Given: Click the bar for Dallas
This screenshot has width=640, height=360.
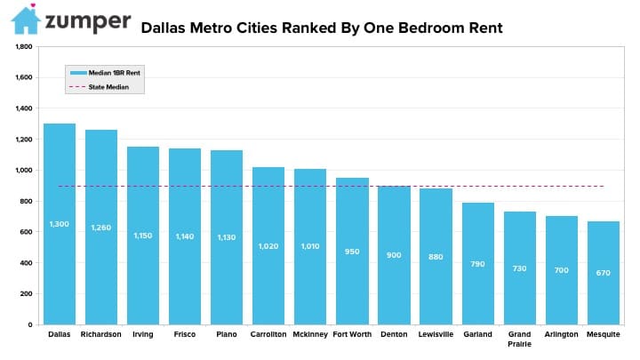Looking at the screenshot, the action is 60,224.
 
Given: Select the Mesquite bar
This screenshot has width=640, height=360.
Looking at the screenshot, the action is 604,273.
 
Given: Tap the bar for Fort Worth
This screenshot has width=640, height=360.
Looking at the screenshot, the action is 352,251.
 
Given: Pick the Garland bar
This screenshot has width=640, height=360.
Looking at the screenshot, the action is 478,264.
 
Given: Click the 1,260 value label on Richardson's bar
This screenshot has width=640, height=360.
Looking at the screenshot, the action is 101,228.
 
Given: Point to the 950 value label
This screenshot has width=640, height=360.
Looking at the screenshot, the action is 352,252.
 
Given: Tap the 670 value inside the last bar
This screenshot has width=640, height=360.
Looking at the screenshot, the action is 604,273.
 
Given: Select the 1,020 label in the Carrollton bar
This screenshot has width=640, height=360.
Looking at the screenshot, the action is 268,246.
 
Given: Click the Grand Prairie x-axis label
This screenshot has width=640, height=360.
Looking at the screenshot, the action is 520,339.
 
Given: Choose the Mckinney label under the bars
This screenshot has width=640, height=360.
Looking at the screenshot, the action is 310,334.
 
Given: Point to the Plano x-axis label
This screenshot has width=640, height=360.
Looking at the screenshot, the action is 227,334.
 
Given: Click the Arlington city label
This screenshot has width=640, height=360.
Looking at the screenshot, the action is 561,334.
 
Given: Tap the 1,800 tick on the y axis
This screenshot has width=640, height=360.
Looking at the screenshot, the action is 24,46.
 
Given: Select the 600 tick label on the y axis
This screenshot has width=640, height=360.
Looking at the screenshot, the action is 26,232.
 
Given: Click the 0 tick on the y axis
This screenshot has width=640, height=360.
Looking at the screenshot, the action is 30,325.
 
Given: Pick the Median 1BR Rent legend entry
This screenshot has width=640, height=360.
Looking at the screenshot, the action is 105,73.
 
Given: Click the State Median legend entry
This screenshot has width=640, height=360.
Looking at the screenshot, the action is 100,87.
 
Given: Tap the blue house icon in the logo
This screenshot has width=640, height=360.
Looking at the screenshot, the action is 26,20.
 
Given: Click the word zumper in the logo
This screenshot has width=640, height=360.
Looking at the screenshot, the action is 88,21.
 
